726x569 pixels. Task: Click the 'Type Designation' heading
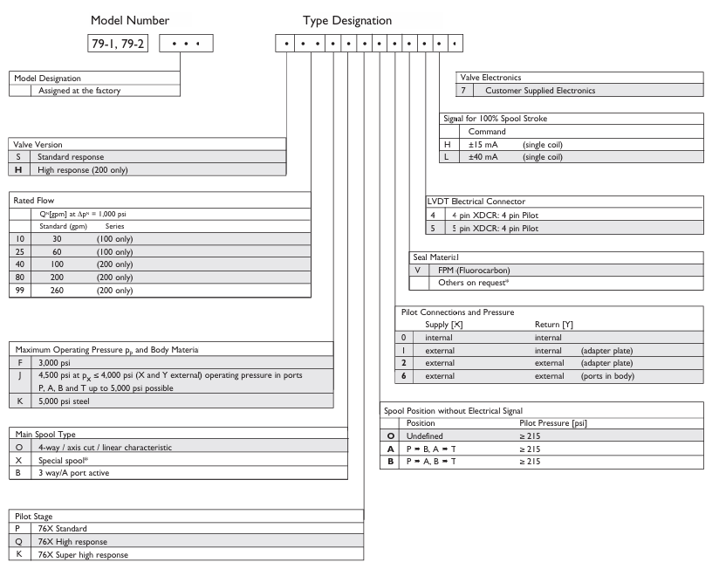pos(347,20)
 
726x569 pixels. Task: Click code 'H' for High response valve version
pos(18,169)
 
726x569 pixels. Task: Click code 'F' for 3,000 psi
pos(19,362)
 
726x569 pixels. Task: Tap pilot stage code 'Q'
pos(19,542)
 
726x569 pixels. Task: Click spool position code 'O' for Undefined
pos(392,435)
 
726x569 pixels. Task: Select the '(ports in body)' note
pos(610,376)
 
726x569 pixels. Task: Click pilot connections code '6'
pos(402,376)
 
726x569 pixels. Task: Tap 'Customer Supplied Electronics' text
pos(541,90)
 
